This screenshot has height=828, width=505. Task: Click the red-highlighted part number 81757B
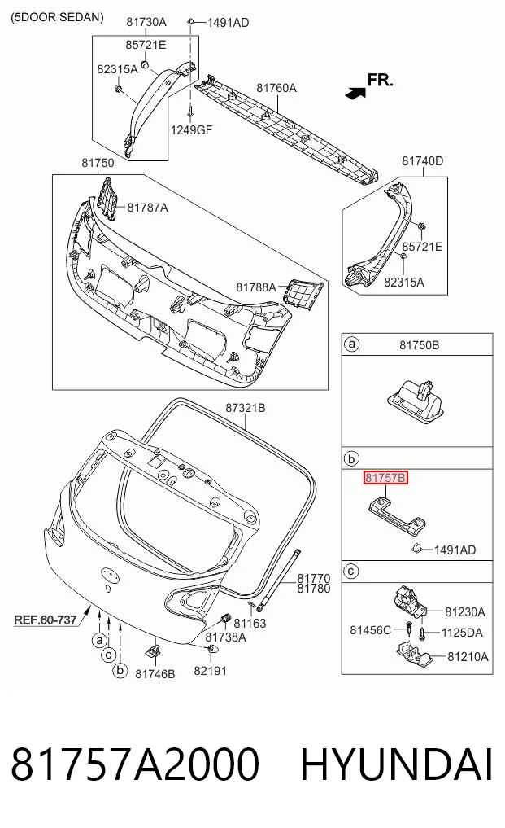click(385, 478)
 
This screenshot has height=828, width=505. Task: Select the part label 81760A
click(276, 88)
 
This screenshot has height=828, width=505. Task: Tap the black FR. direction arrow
click(355, 93)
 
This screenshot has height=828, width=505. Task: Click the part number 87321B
click(246, 408)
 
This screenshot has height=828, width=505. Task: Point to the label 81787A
click(148, 208)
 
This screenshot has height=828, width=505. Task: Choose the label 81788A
click(256, 287)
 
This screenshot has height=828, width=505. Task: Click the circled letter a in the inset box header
click(351, 344)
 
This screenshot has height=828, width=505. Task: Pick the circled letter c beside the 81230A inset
click(351, 571)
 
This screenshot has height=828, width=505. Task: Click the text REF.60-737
click(46, 620)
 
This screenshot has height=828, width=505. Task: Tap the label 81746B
click(155, 674)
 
